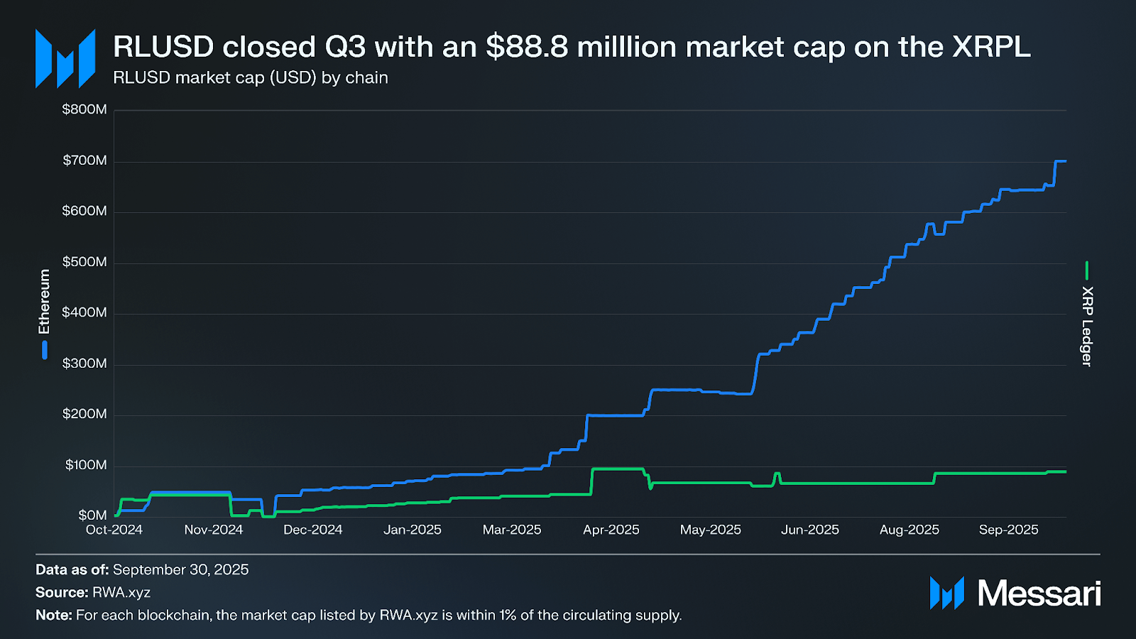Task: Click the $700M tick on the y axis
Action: [84, 160]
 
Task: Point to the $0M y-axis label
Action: [92, 515]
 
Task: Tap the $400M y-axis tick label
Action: [84, 312]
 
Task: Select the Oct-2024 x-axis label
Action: [114, 530]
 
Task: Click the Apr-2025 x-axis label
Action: [611, 530]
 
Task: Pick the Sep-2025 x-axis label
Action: [1008, 530]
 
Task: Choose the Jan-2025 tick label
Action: [413, 530]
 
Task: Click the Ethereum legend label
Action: [44, 302]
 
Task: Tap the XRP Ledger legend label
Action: [1087, 326]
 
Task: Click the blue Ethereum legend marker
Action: [45, 350]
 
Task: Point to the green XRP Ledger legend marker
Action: [1087, 271]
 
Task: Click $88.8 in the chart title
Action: [527, 47]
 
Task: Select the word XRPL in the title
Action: [991, 47]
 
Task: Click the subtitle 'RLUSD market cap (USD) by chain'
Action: [251, 77]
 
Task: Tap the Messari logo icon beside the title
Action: [65, 59]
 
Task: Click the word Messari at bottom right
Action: [1039, 594]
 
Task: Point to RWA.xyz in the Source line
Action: [121, 592]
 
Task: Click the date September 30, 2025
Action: [180, 569]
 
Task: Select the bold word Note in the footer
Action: [53, 615]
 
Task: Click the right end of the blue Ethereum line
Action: [1065, 161]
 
